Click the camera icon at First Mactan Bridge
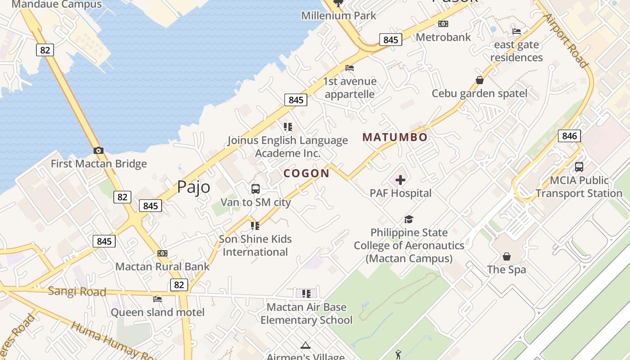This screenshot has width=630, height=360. click(98, 150)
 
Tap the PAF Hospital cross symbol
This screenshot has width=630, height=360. click(400, 180)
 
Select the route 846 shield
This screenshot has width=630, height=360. click(569, 135)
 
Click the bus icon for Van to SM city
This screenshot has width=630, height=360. click(255, 189)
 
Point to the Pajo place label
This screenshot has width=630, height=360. click(193, 186)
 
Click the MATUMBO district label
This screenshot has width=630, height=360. click(395, 137)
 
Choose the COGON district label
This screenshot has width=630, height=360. click(306, 173)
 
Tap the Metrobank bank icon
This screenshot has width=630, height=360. click(443, 24)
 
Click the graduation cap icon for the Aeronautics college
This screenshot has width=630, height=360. click(409, 220)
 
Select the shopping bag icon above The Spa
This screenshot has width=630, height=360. click(507, 256)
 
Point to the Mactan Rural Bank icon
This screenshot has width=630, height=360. click(162, 253)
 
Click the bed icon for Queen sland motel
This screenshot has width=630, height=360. click(157, 298)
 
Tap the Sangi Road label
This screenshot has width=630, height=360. click(77, 292)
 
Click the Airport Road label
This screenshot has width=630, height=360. click(566, 40)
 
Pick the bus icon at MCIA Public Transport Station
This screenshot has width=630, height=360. click(579, 167)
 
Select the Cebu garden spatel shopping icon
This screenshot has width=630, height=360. click(480, 80)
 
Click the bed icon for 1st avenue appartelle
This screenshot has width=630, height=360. click(350, 68)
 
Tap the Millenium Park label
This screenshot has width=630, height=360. click(339, 15)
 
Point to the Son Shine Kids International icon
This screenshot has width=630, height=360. click(255, 225)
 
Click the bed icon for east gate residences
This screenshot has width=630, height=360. click(517, 31)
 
